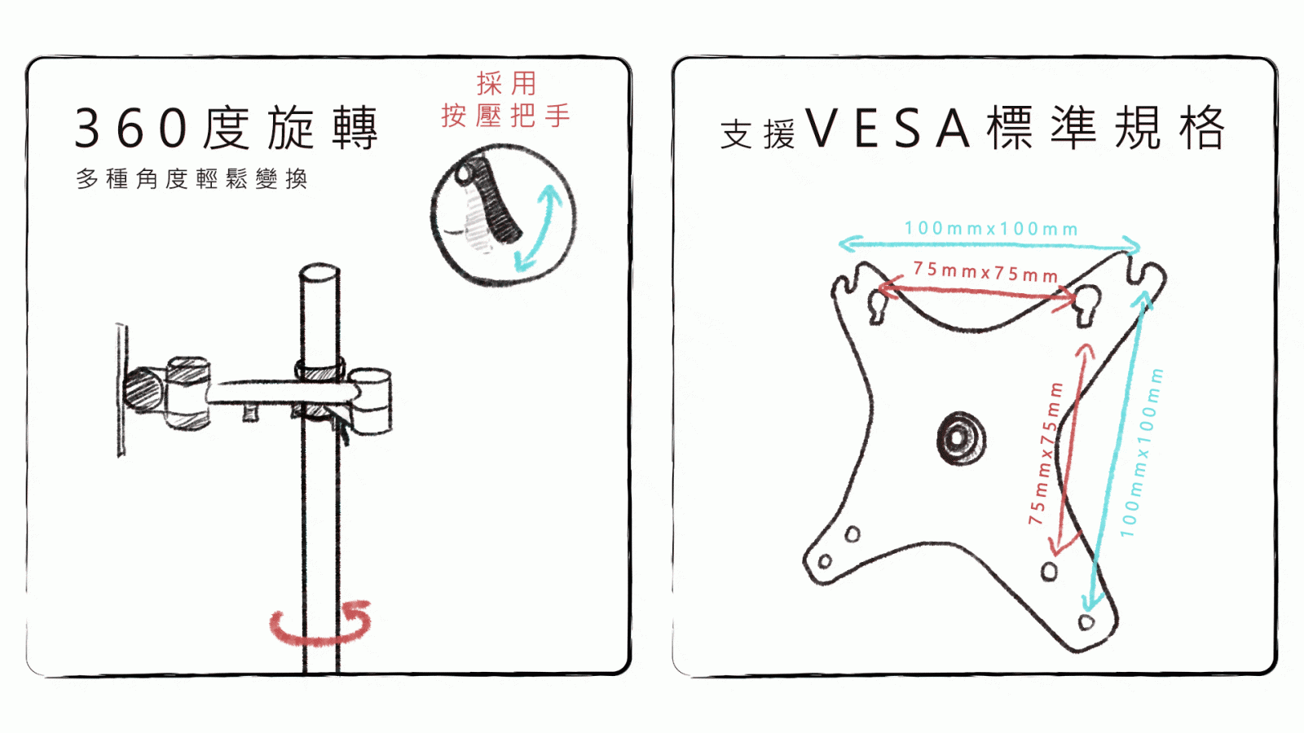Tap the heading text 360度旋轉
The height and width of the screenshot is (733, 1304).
coord(227,128)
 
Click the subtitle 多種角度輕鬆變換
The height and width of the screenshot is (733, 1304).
coord(192,178)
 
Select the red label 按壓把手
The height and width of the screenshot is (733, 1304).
coord(505,115)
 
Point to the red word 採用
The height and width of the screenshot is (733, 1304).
coord(506,83)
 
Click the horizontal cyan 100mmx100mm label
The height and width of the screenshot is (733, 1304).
coord(991,229)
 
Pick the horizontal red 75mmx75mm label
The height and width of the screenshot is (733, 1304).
coord(985,272)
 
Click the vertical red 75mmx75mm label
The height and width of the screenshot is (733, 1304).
coord(1046,454)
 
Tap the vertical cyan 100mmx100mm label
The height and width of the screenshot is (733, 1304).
coord(1142,453)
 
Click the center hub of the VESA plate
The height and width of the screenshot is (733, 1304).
coord(961,438)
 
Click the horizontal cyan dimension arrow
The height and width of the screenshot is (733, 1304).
coord(989,245)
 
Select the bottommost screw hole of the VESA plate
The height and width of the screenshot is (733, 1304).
coord(1086,622)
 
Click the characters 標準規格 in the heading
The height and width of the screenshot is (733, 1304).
coord(1106,128)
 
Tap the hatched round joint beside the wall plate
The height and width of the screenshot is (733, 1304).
coord(143,390)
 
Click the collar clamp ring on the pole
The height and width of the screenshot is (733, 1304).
coord(319,371)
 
